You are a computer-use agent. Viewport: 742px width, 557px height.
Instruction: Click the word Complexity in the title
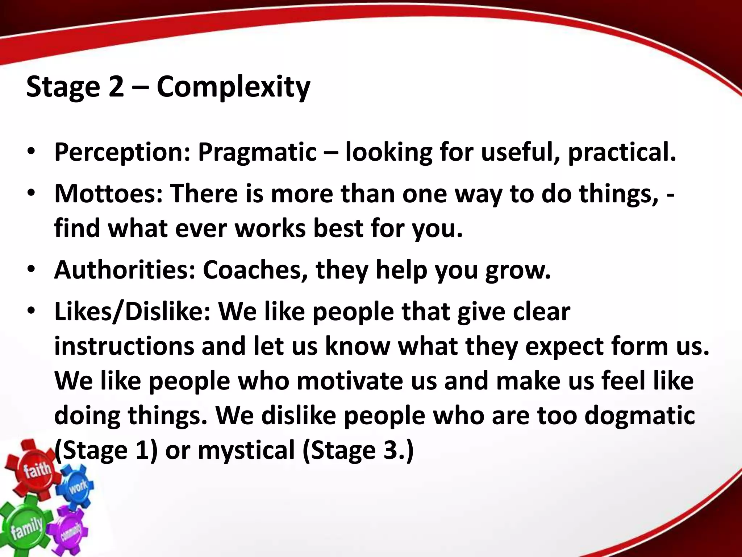click(233, 87)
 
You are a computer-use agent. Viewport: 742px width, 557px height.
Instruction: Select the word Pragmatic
click(257, 152)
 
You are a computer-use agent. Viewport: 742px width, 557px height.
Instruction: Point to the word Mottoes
click(108, 193)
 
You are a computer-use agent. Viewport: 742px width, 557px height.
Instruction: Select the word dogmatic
click(639, 415)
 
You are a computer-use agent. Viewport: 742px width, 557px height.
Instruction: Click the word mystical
click(246, 450)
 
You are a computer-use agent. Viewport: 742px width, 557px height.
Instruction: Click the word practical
click(622, 152)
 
